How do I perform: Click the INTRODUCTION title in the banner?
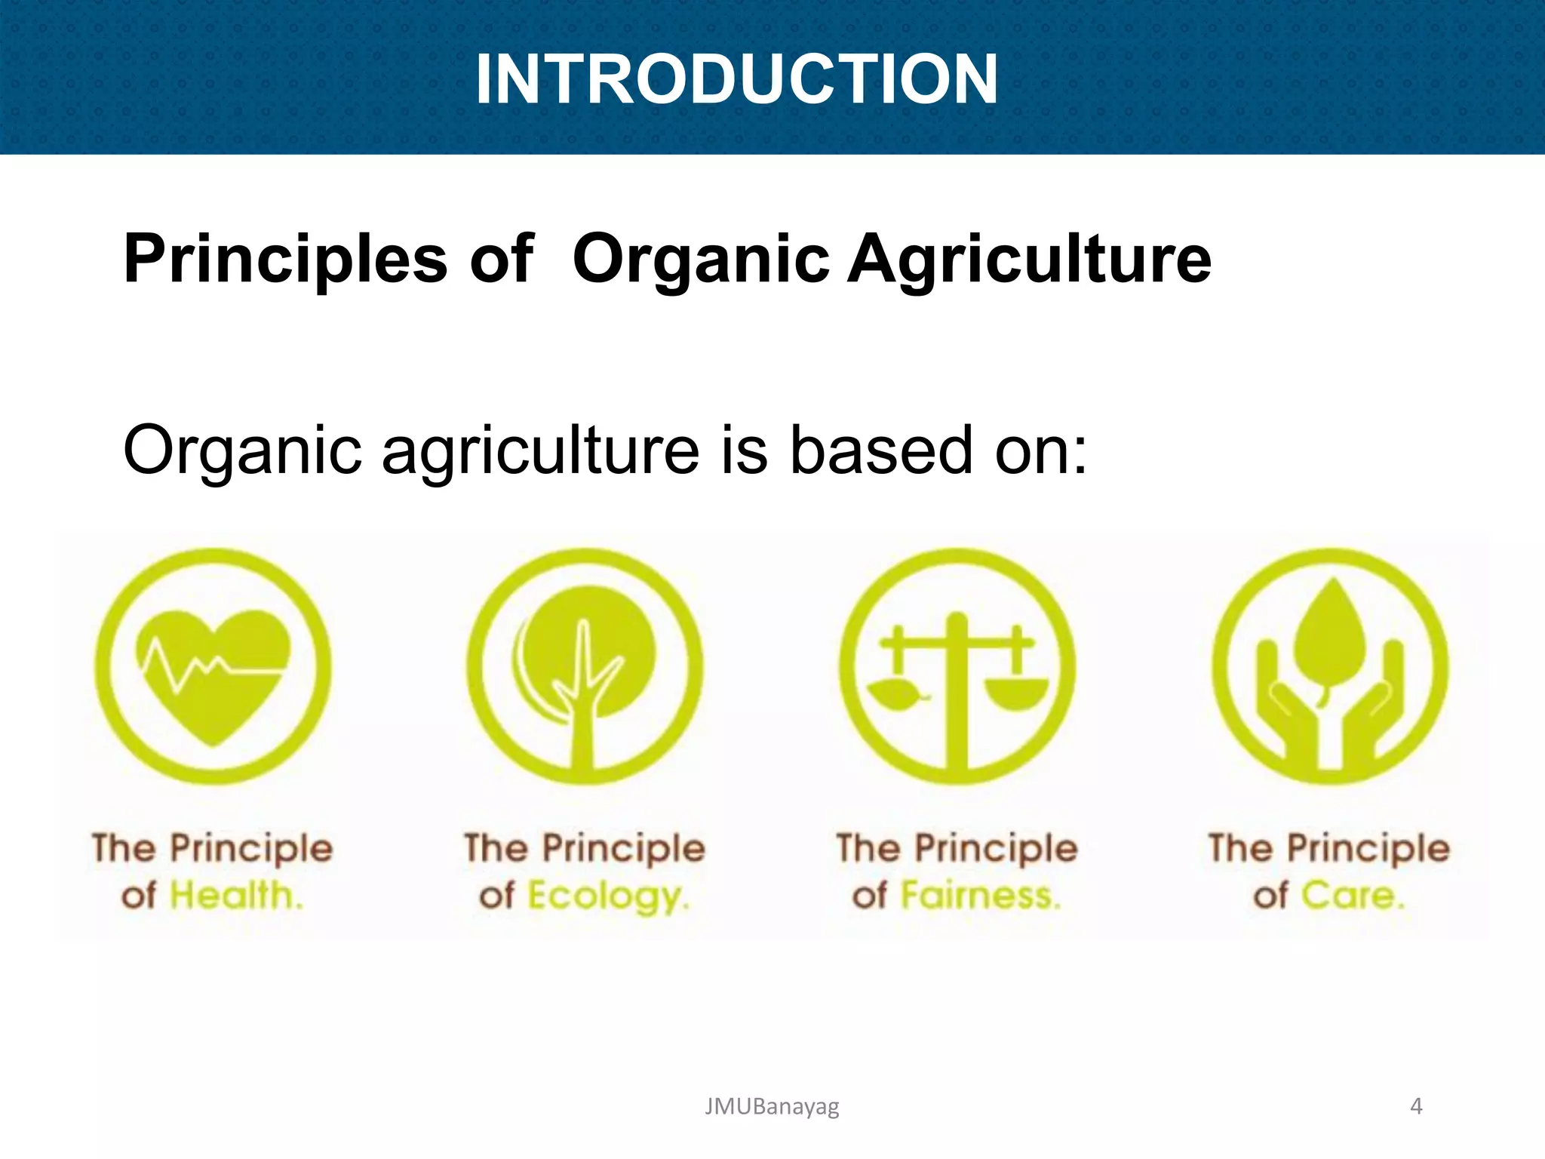coord(736,79)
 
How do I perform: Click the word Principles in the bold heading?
coord(285,259)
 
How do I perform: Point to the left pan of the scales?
coord(897,693)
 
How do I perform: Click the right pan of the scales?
coord(1016,693)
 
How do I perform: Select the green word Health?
coord(236,896)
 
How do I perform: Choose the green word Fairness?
coord(981,896)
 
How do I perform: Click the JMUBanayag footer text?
coord(771,1106)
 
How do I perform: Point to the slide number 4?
coord(1416,1106)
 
